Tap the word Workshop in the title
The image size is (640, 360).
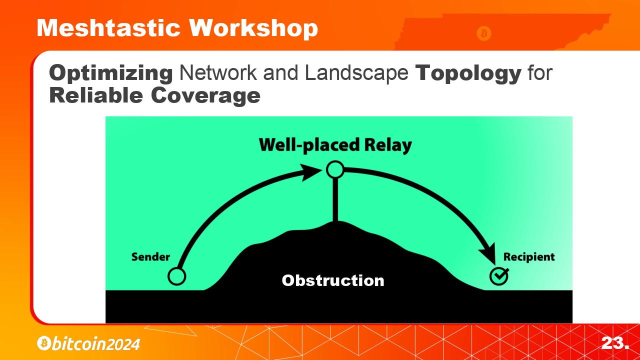[253, 28]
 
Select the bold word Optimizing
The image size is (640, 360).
[111, 73]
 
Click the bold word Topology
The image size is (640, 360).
[468, 73]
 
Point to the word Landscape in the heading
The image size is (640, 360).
[356, 73]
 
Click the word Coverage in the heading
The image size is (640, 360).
[205, 95]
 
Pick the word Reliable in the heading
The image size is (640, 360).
[96, 95]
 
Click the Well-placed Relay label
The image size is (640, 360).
[335, 145]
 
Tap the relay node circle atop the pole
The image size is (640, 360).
[335, 169]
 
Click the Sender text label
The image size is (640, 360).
[150, 257]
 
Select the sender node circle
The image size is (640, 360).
[177, 276]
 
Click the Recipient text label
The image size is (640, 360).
[529, 257]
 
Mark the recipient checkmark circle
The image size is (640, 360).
[499, 276]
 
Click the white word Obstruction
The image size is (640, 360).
[333, 280]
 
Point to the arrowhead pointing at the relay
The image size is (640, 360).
[310, 172]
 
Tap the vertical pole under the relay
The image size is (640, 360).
[335, 199]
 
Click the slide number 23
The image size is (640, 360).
[615, 343]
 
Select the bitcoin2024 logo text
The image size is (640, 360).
[88, 343]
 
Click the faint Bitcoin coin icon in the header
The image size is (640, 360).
[483, 33]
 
